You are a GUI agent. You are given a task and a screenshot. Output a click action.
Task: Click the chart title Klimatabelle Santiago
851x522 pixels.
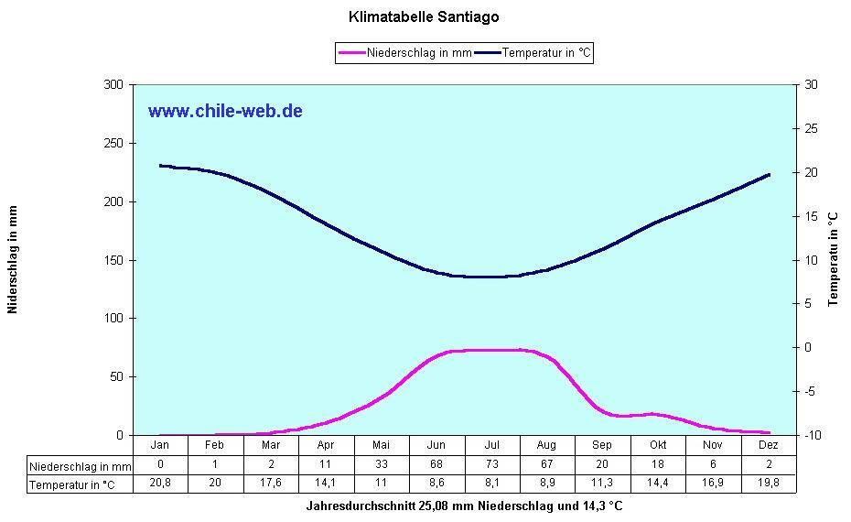tap(424, 16)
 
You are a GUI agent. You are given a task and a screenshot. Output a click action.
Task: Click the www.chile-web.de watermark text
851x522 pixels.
tap(225, 111)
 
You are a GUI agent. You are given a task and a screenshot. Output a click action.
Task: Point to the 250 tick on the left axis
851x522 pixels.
tap(113, 144)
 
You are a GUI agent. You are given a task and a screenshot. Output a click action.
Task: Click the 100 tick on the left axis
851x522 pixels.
tap(113, 319)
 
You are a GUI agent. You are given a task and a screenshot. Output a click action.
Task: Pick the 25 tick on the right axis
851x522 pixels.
tap(810, 129)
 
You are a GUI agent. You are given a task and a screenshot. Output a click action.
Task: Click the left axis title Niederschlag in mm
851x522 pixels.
tap(13, 260)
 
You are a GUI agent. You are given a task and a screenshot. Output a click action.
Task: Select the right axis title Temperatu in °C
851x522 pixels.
tap(834, 260)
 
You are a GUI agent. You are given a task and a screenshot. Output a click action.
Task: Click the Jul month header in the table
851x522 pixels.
tap(492, 445)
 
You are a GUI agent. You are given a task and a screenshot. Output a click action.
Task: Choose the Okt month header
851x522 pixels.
tap(657, 445)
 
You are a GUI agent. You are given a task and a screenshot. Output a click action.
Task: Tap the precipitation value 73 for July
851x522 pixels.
tap(492, 465)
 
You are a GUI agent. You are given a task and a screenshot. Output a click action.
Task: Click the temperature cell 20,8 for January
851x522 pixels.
tap(160, 484)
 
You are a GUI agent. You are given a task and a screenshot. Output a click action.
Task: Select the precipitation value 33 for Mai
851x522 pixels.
tap(382, 465)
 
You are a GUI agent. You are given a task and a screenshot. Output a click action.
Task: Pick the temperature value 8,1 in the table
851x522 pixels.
tap(492, 484)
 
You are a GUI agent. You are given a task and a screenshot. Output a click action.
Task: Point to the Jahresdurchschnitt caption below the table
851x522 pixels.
tap(465, 506)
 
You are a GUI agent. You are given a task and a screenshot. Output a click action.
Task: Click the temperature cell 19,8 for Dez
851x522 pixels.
tap(768, 484)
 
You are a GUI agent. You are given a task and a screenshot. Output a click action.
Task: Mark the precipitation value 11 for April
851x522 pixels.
tap(326, 465)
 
